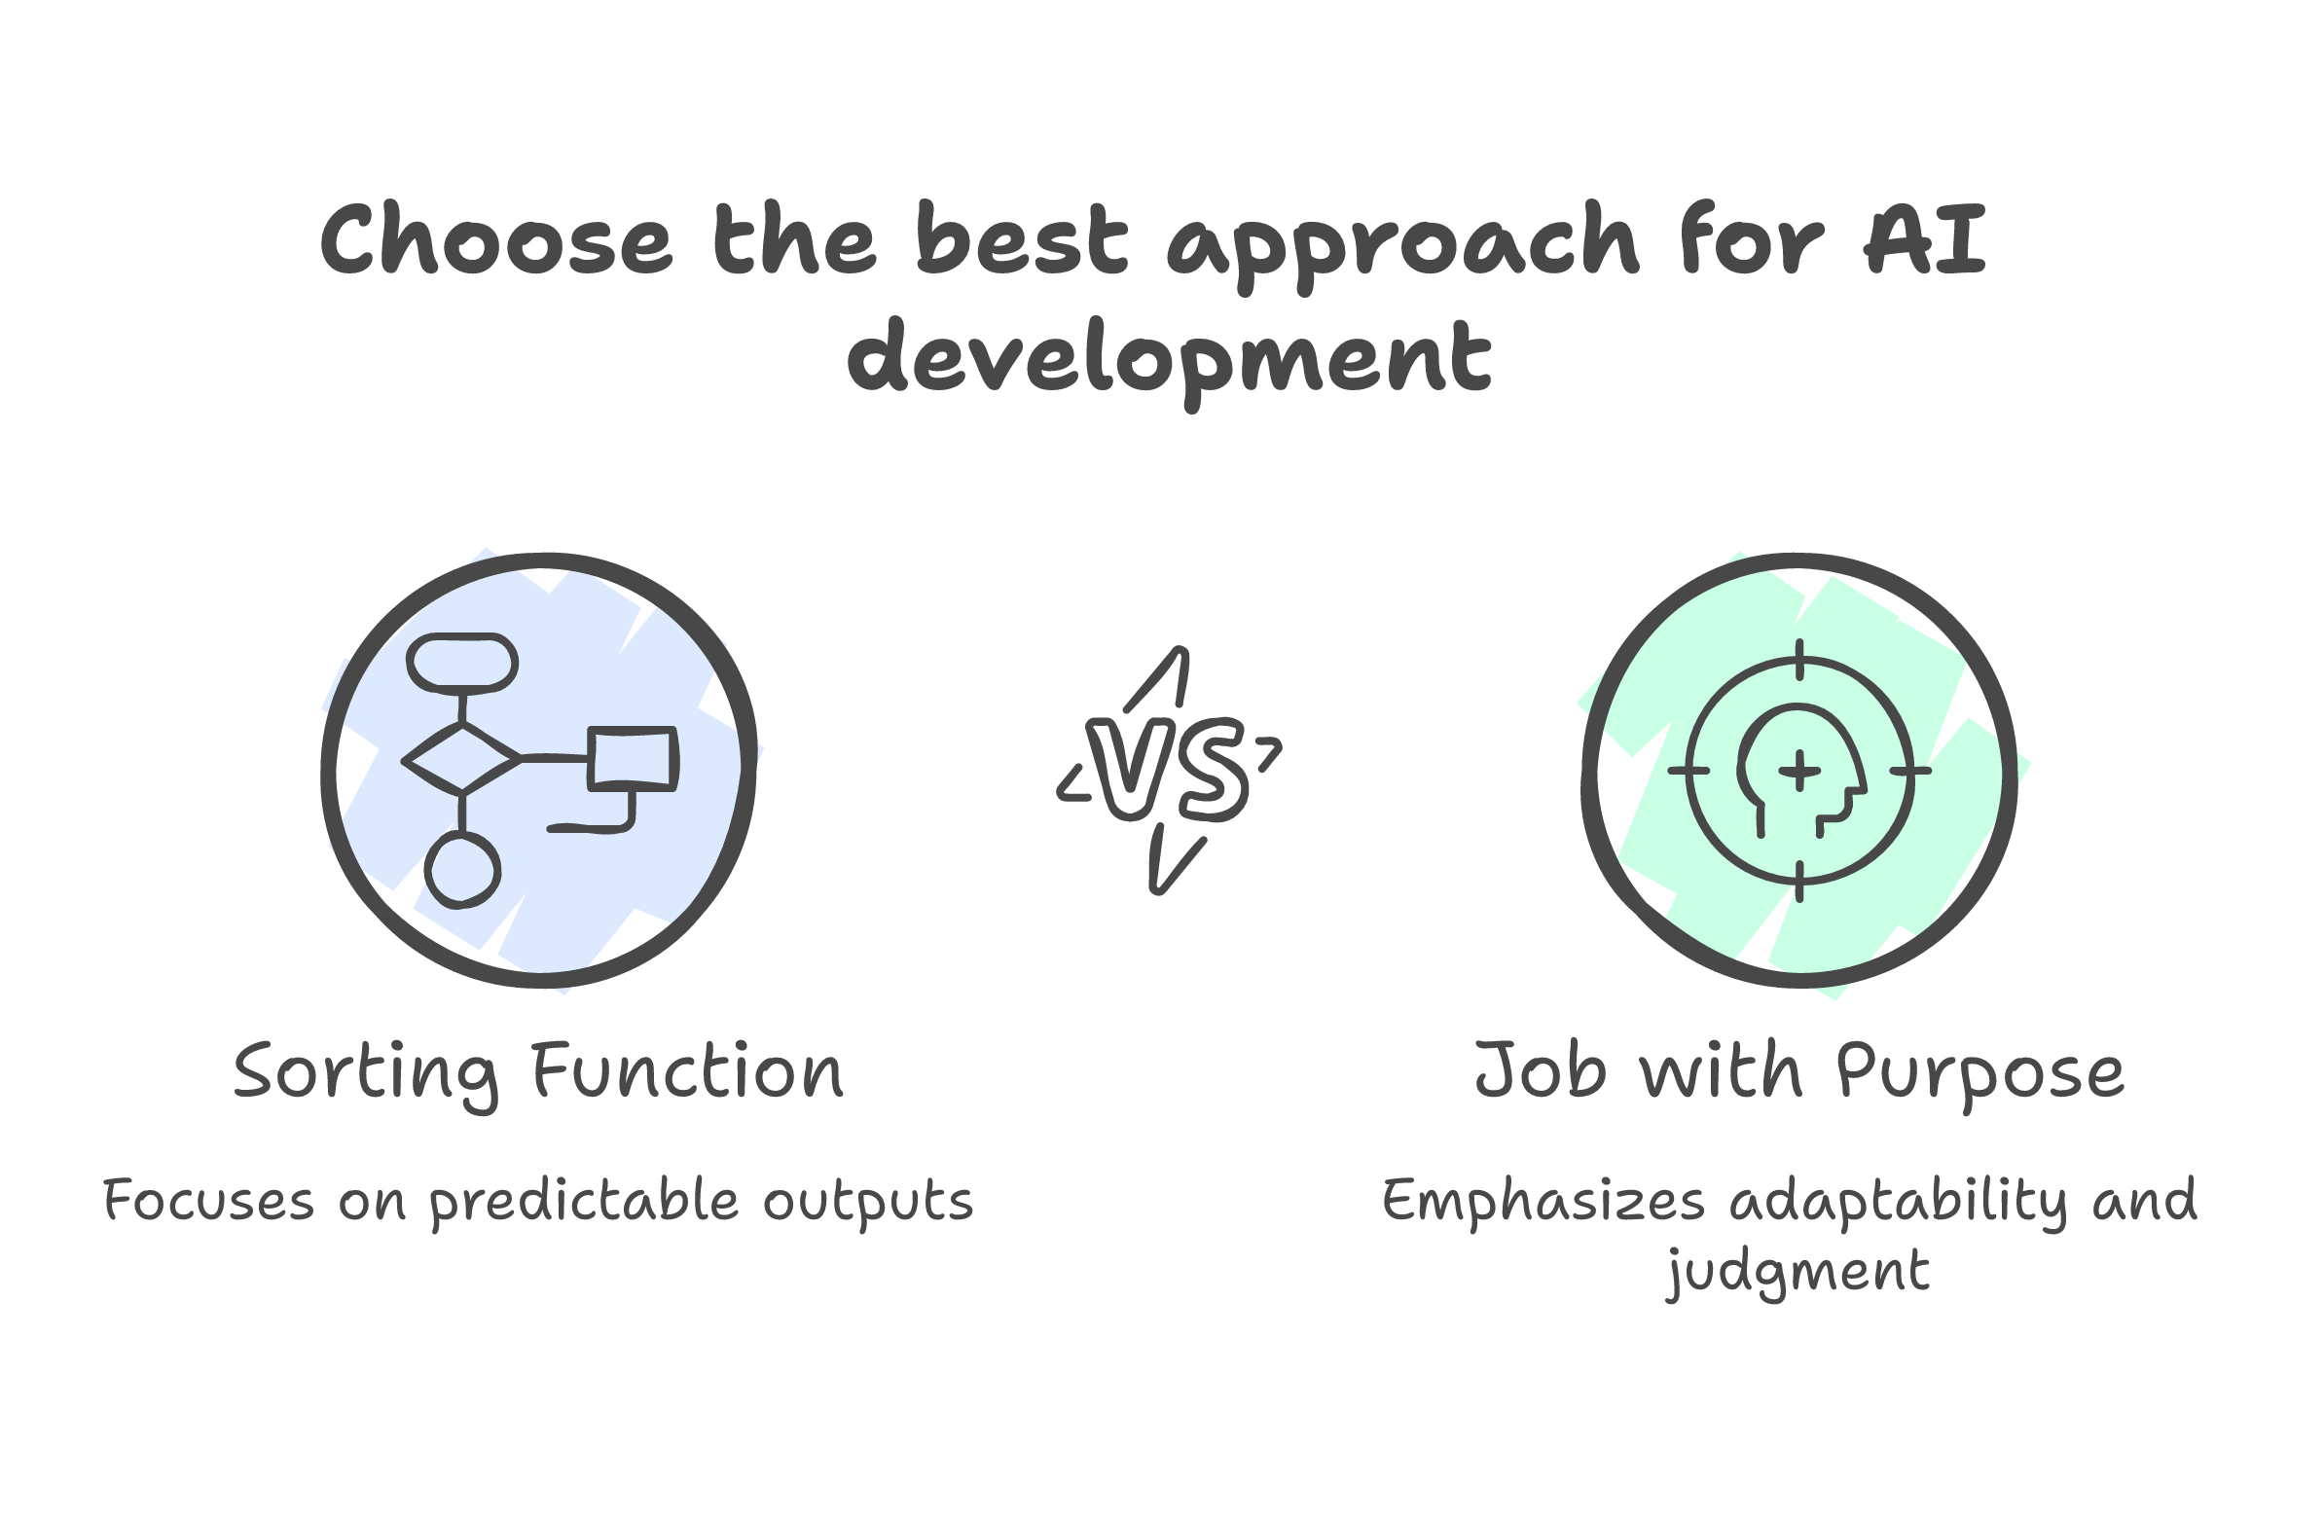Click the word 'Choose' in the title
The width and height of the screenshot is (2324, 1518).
tap(496, 240)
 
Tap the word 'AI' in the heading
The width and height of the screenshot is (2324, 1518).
tap(1925, 240)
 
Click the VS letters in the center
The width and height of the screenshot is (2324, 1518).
tap(1168, 770)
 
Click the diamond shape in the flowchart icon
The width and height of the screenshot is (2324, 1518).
tap(462, 758)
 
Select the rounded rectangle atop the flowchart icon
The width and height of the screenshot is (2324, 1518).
tap(462, 663)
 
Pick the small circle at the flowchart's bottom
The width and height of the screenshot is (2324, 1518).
tap(463, 871)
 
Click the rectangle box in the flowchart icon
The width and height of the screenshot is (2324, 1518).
tap(633, 757)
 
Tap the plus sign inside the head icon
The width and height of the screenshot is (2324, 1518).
tap(1798, 772)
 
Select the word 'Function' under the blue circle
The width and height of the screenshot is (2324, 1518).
tap(687, 1072)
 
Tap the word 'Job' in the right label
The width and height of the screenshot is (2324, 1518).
tap(1540, 1071)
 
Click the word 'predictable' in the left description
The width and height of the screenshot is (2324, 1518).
tap(584, 1202)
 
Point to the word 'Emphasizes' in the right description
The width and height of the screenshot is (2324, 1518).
tap(1543, 1202)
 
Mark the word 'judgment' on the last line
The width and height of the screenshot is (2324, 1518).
tap(1797, 1272)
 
